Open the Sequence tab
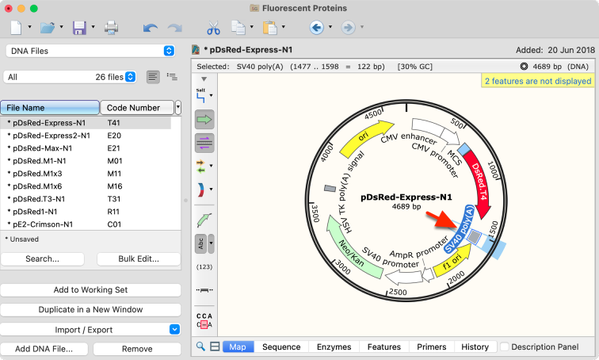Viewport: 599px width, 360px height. [x=281, y=347]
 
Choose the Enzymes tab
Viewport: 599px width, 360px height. [x=334, y=347]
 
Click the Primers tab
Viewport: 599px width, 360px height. [x=431, y=347]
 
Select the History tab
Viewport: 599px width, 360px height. [x=475, y=347]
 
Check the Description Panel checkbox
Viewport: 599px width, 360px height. [x=505, y=347]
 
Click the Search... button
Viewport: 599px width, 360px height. [x=43, y=259]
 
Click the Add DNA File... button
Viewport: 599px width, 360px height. [x=44, y=349]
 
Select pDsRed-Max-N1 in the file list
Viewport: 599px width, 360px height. [x=43, y=148]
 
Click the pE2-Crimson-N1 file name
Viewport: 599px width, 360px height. [x=43, y=224]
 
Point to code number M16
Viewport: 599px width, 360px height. [x=115, y=186]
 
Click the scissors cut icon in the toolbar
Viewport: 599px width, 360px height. [x=214, y=28]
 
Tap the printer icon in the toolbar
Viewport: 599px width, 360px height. [x=111, y=28]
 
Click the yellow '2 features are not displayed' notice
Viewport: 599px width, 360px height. [x=538, y=81]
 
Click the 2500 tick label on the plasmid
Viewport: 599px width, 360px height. [x=397, y=293]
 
